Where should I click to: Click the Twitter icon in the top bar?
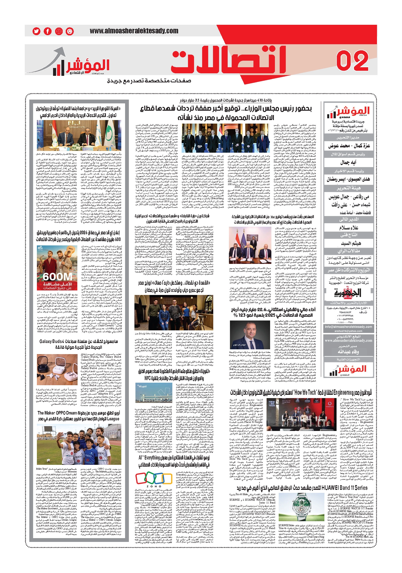[x=36, y=31]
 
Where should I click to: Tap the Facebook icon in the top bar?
[x=48, y=31]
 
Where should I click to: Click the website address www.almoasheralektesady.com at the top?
[x=130, y=31]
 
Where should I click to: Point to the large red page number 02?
[x=352, y=61]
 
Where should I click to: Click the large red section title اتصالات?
[x=229, y=60]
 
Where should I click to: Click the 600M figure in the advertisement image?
[x=57, y=277]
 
